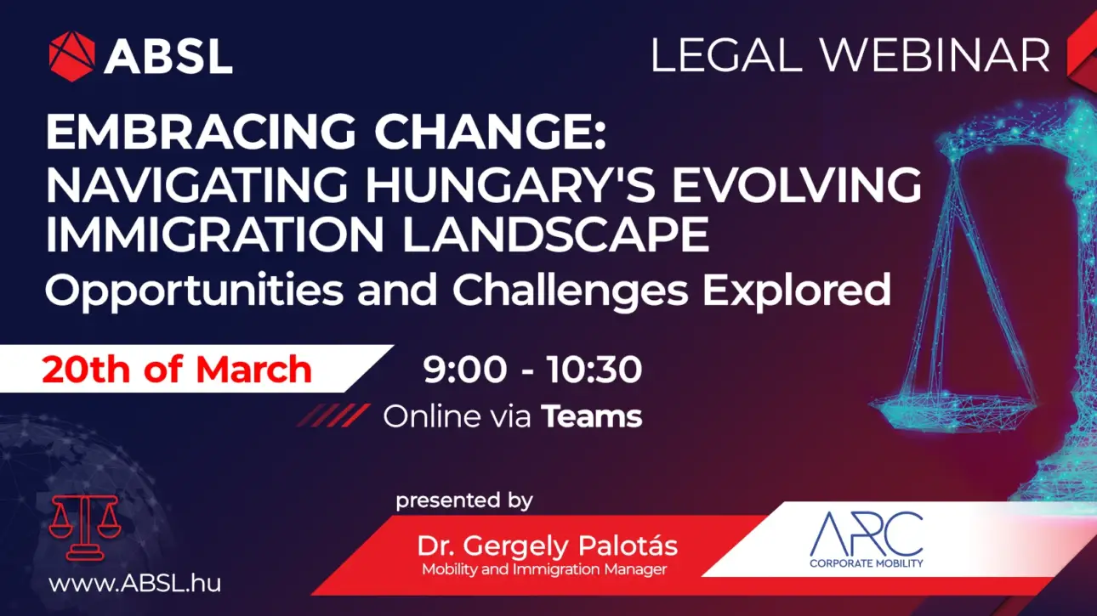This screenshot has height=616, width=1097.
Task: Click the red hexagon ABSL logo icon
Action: pos(72,56)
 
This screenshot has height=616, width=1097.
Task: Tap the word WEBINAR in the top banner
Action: pos(935,56)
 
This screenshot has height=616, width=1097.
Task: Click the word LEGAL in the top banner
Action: pos(726,56)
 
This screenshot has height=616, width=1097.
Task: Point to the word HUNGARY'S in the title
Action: pos(510,184)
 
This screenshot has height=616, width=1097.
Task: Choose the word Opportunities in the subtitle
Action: pos(194,291)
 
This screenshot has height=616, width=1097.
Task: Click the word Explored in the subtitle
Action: pos(796,289)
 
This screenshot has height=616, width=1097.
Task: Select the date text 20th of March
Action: pos(177,369)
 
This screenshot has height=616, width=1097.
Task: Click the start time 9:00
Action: pos(465,369)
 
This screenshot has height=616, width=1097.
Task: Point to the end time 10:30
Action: pos(594,369)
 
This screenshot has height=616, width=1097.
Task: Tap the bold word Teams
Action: pos(591,416)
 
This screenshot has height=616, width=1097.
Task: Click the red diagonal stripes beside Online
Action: pos(333,415)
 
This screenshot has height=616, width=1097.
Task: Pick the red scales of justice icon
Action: pos(85,528)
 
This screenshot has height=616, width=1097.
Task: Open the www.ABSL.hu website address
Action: pos(134,584)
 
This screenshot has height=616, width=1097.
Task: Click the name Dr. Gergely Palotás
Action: pos(547,546)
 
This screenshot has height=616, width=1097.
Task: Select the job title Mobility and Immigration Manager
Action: pos(544,569)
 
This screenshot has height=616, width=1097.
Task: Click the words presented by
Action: pos(464,501)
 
